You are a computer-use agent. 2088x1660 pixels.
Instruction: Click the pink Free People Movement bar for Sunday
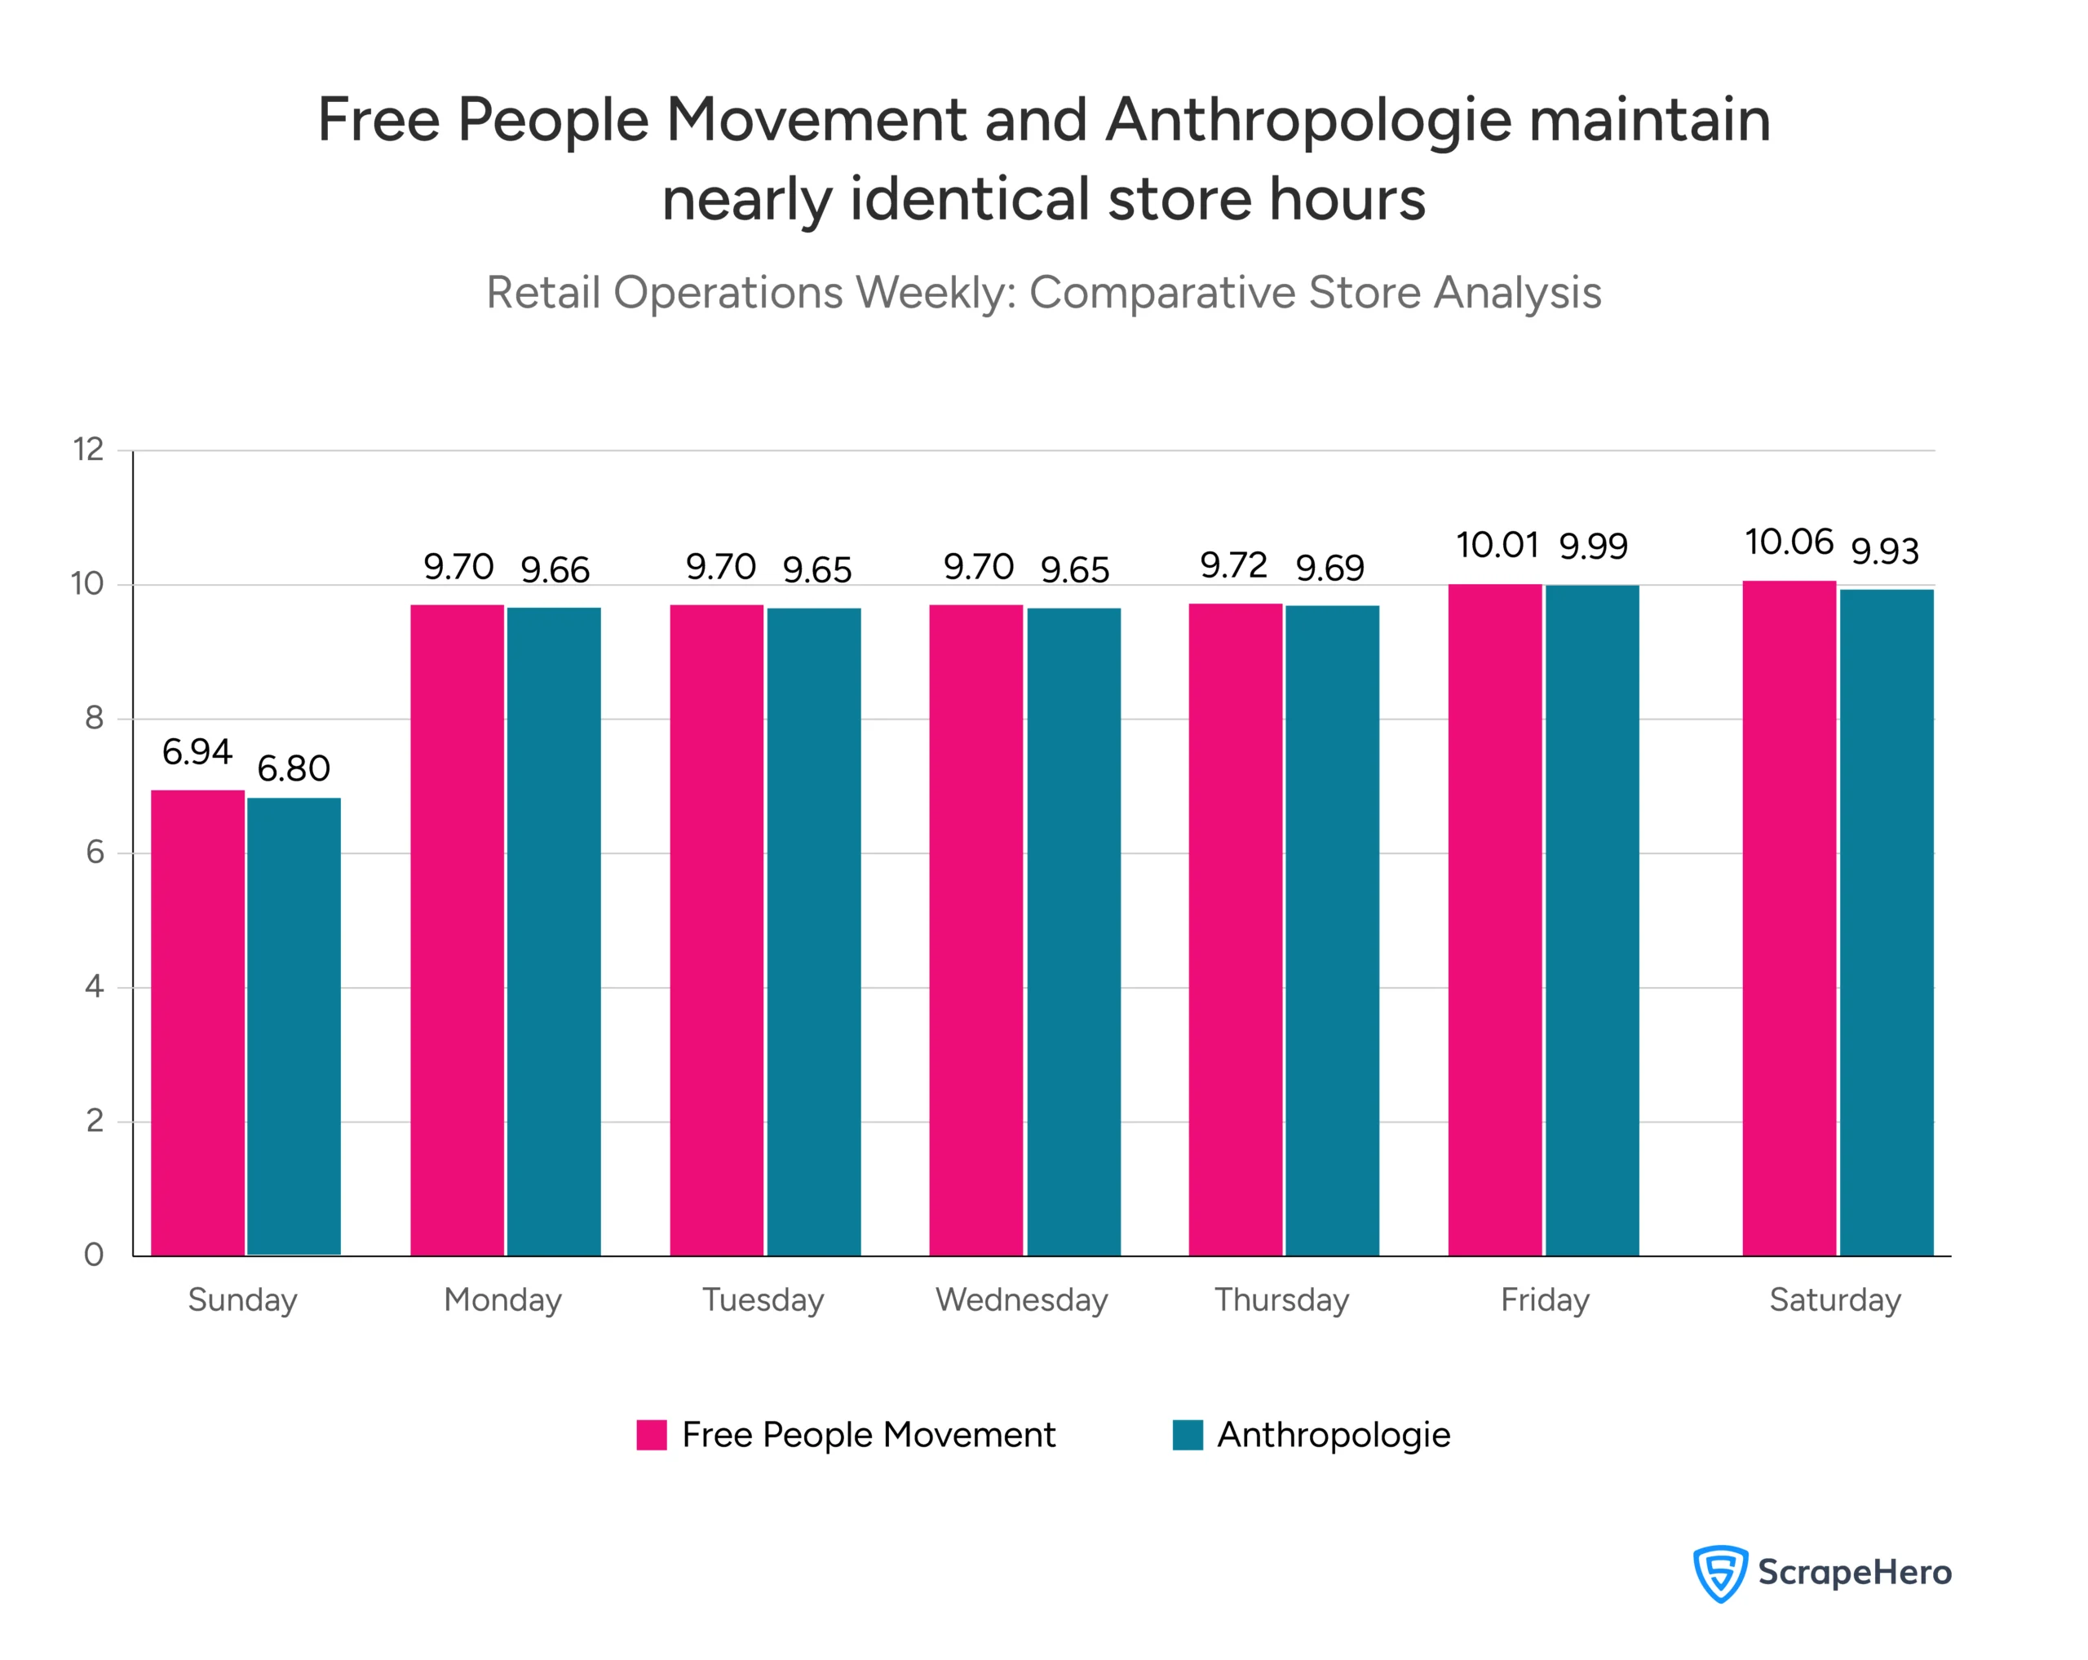[197, 1022]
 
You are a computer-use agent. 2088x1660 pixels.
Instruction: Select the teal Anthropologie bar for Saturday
[1886, 922]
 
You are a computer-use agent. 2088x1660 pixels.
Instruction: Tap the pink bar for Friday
[1494, 920]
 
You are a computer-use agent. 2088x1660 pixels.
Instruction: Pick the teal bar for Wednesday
[1073, 932]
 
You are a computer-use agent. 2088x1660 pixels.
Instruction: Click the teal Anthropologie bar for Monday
[553, 932]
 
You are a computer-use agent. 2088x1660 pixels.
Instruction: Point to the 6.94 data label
[197, 751]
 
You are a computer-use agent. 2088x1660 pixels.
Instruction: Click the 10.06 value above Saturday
[1789, 542]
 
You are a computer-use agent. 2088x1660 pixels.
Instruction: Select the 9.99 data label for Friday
[1593, 547]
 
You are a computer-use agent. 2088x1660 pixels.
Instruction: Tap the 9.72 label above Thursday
[1233, 564]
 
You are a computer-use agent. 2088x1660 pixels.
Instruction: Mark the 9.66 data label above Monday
[554, 569]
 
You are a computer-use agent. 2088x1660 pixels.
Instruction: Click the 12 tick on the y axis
[89, 449]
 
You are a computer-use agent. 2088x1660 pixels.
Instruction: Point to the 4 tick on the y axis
[94, 987]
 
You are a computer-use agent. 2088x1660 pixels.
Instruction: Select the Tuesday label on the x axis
[762, 1299]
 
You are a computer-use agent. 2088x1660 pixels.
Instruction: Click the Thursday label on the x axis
[1281, 1299]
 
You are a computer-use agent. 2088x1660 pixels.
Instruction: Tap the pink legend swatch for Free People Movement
[651, 1434]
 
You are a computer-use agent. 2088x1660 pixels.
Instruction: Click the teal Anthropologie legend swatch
[1188, 1434]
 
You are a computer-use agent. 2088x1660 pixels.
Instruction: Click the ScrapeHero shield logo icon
[1719, 1573]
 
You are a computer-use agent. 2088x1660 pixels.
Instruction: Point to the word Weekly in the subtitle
[934, 293]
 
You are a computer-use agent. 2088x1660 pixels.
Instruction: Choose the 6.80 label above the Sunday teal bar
[294, 769]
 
